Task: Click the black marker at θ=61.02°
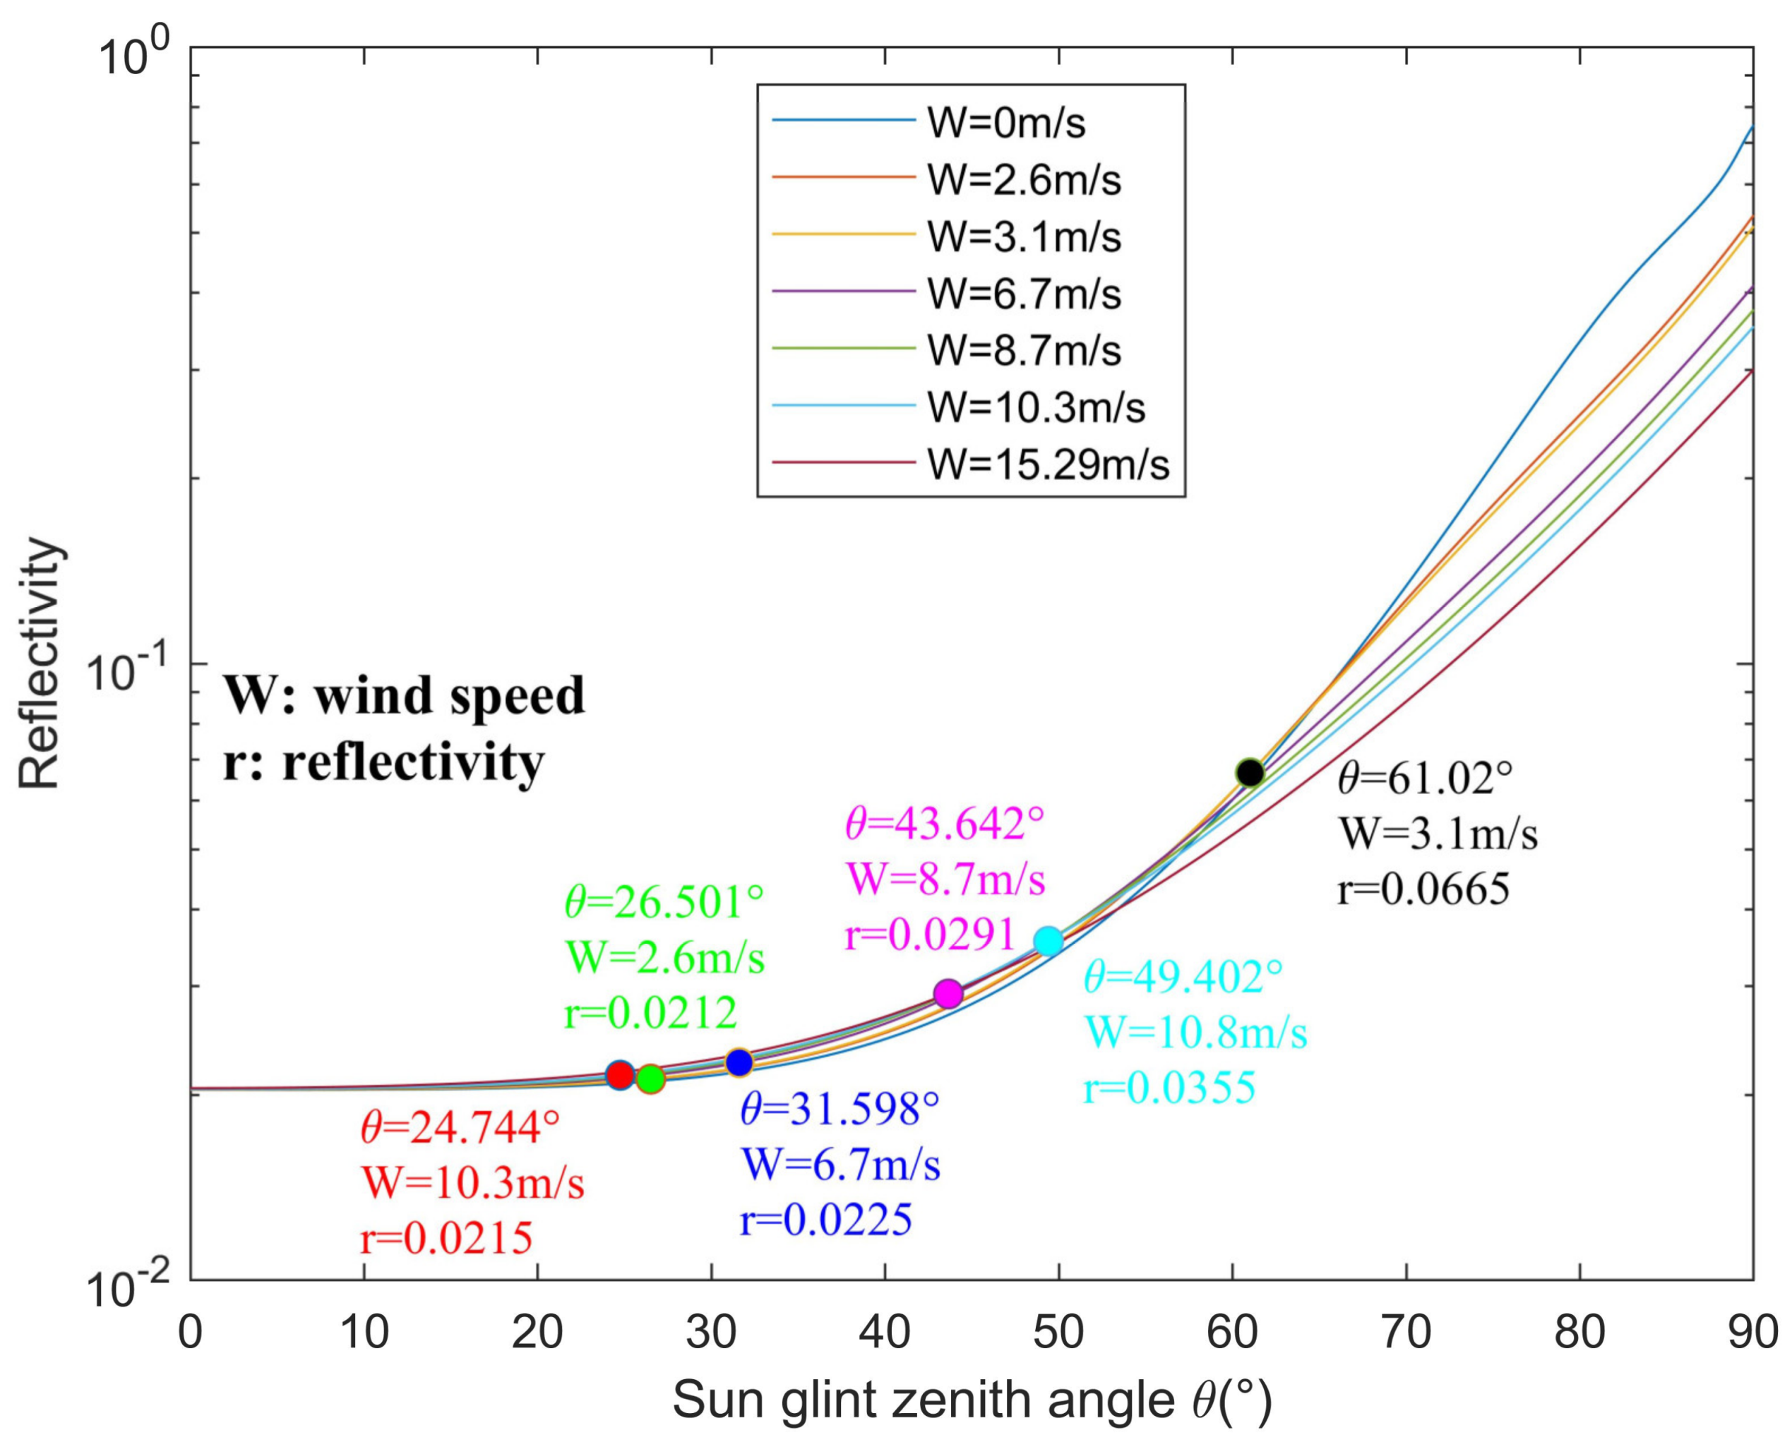(1248, 773)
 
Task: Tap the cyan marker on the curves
(1049, 941)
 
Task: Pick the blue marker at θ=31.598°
(739, 1063)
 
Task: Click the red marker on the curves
(619, 1075)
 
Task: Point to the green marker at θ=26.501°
(650, 1079)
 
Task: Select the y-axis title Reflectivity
(40, 663)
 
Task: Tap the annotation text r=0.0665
(1423, 889)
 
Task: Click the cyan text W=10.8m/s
(1195, 1033)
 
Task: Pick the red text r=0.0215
(446, 1239)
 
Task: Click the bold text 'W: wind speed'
(405, 695)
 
